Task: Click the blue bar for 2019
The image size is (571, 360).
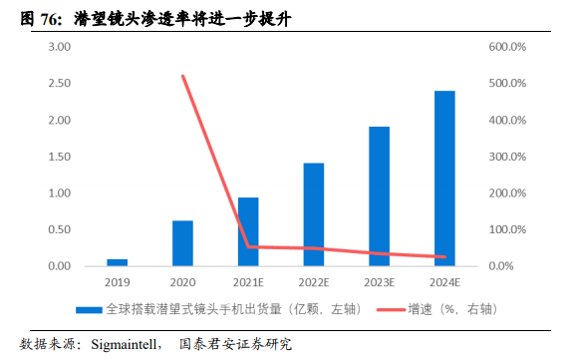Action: click(118, 262)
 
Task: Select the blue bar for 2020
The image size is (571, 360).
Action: click(182, 243)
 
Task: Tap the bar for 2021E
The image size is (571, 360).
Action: click(248, 231)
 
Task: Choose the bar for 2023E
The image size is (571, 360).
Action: click(380, 196)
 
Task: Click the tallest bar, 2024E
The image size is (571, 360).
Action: click(444, 179)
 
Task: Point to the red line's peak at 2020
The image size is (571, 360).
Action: click(182, 76)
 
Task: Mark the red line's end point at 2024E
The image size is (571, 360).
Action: click(444, 257)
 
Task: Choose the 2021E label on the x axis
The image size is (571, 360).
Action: click(248, 284)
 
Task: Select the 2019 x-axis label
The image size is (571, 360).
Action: click(118, 284)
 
